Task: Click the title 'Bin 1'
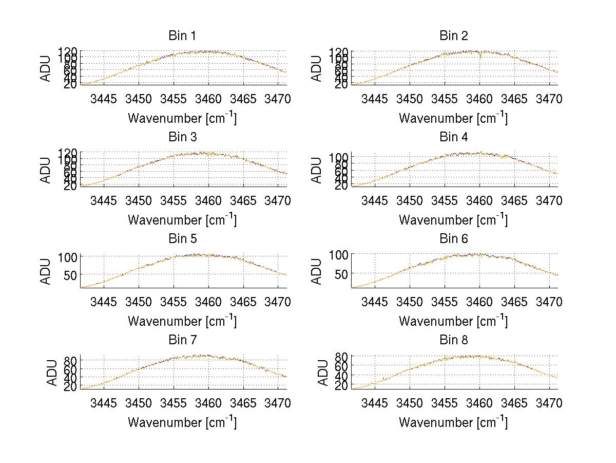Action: click(182, 35)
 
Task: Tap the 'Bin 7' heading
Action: click(182, 340)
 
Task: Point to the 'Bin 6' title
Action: click(454, 238)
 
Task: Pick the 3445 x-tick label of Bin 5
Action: click(104, 301)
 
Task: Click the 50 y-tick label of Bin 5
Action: click(70, 274)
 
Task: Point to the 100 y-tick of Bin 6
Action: click(338, 254)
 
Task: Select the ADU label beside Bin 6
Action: click(317, 271)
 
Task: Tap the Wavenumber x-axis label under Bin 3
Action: click(182, 219)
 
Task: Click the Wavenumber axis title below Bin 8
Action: click(453, 422)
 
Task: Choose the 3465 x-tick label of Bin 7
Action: click(243, 402)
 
